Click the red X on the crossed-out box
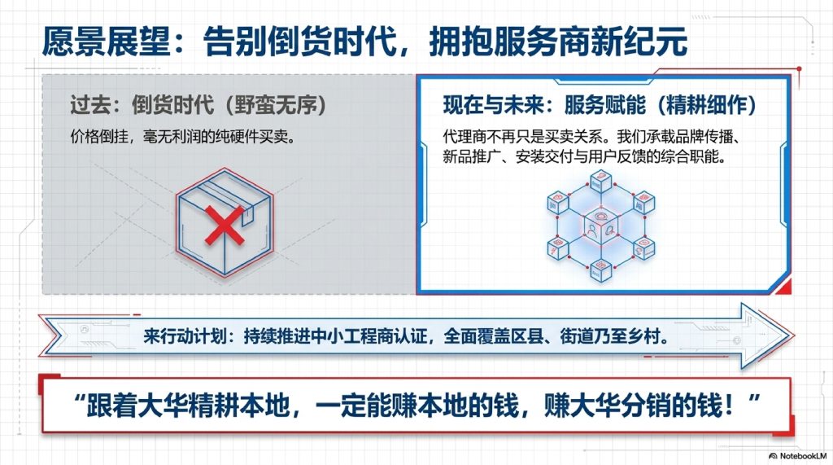(x=225, y=226)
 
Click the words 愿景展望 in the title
(x=106, y=41)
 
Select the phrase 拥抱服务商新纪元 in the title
(x=558, y=41)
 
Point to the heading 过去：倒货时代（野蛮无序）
(x=198, y=105)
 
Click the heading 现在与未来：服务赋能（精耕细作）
(x=600, y=105)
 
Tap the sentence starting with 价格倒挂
(x=183, y=137)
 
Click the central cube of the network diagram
(x=601, y=227)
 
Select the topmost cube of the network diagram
(x=601, y=181)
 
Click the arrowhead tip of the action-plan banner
(x=794, y=336)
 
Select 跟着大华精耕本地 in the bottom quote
(x=188, y=406)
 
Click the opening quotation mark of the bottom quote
(x=79, y=399)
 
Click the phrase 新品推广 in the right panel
(x=472, y=156)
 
